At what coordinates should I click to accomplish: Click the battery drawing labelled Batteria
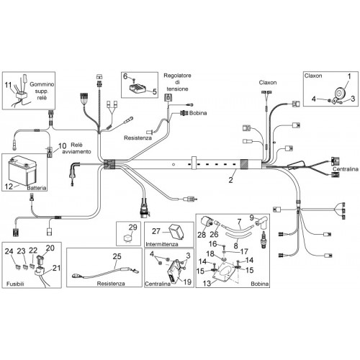point(22,171)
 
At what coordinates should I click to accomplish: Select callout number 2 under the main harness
point(230,179)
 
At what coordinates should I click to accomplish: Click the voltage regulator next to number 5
point(138,89)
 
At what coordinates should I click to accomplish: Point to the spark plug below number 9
point(264,240)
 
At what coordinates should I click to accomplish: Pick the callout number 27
point(156,231)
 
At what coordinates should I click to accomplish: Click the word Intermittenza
point(162,244)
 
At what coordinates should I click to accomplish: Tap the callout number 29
point(132,227)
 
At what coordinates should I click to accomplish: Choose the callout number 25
point(117,256)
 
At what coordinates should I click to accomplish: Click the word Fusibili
point(15,284)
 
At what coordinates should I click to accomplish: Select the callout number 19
point(187,282)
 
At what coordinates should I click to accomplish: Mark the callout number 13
point(207,284)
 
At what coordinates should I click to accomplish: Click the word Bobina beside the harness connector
point(198,113)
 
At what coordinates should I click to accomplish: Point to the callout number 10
point(62,145)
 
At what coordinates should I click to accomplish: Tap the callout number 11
point(8,85)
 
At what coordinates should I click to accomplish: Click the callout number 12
point(9,186)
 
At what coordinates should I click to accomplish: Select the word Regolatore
point(177,76)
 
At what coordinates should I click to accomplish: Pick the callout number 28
point(202,235)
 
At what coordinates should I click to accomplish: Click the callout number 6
point(125,76)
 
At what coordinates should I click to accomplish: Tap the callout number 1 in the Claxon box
point(349,76)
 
